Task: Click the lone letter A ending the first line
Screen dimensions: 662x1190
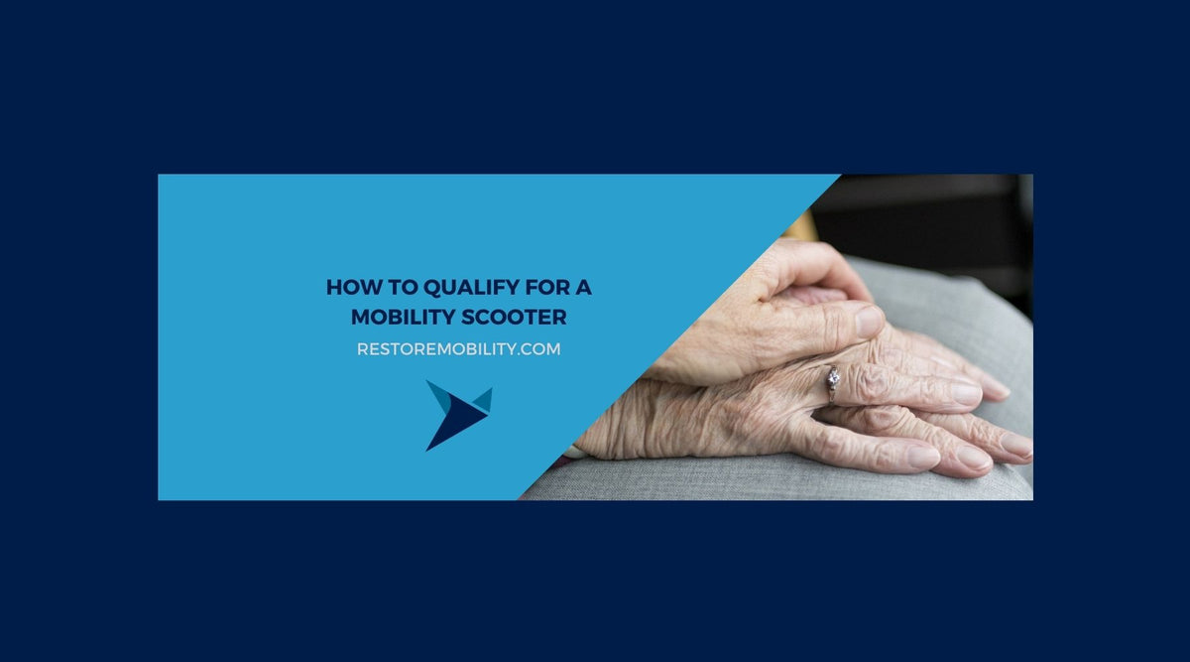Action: pyautogui.click(x=585, y=289)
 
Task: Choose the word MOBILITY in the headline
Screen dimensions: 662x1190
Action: pyautogui.click(x=403, y=318)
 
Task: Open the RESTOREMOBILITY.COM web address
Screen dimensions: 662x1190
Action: pyautogui.click(x=458, y=349)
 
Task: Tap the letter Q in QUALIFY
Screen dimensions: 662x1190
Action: pyautogui.click(x=431, y=289)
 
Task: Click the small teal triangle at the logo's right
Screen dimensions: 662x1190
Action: pyautogui.click(x=483, y=399)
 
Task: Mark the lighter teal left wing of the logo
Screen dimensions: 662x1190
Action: pyautogui.click(x=439, y=394)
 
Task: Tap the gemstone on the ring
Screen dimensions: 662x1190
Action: pyautogui.click(x=833, y=376)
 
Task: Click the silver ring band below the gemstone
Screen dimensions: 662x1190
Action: pyautogui.click(x=831, y=393)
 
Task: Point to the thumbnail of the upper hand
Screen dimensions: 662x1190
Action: pyautogui.click(x=869, y=321)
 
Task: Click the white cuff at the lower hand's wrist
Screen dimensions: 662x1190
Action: pyautogui.click(x=574, y=452)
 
